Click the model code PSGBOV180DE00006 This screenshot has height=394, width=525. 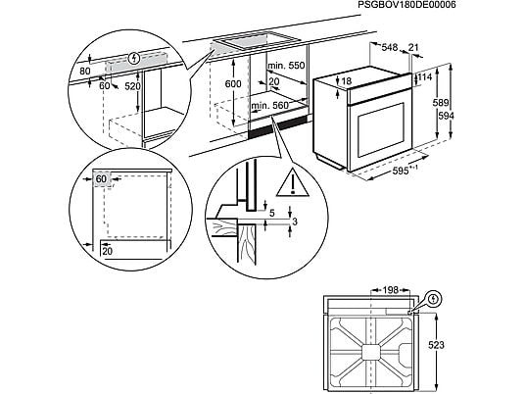click(x=406, y=5)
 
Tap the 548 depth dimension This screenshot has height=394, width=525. click(x=390, y=47)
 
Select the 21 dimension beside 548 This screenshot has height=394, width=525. click(x=414, y=47)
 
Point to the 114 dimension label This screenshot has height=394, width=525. click(x=425, y=77)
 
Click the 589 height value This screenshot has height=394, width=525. click(x=441, y=103)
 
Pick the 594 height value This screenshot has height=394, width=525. click(x=446, y=116)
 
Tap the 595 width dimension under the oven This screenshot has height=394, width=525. click(x=403, y=171)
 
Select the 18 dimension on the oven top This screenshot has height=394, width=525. click(x=347, y=80)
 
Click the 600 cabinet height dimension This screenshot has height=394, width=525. click(x=233, y=83)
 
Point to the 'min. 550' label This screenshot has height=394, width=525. click(x=286, y=66)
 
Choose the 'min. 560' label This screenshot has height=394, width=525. click(x=270, y=106)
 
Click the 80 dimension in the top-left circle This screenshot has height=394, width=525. click(x=85, y=71)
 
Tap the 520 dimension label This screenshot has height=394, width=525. click(x=132, y=86)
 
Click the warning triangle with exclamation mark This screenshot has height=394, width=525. click(x=292, y=183)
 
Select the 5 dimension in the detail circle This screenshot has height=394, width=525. click(x=272, y=213)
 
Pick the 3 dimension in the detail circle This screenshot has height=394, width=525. click(x=295, y=222)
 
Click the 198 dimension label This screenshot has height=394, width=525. click(x=391, y=290)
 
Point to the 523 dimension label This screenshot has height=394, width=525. click(x=436, y=345)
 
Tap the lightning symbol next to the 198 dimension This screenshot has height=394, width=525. click(x=435, y=299)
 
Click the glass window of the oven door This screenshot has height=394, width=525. click(x=381, y=130)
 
